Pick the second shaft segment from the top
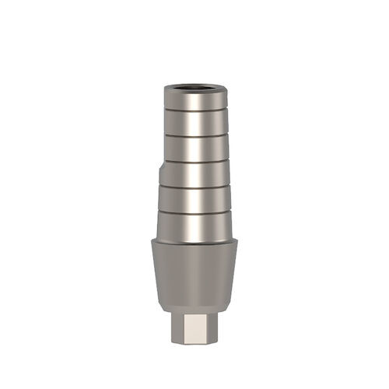click(x=194, y=121)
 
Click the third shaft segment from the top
click(x=194, y=147)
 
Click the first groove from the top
click(x=194, y=110)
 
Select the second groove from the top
click(x=194, y=134)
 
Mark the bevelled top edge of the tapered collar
click(x=194, y=240)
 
